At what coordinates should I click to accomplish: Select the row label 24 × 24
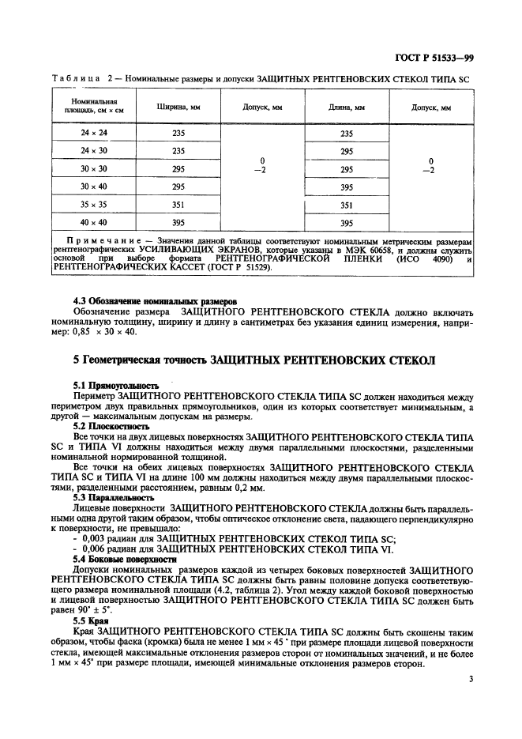pos(94,134)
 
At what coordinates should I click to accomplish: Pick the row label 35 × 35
pos(94,204)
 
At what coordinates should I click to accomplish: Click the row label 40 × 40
pos(94,222)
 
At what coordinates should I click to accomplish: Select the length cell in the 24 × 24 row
pos(346,134)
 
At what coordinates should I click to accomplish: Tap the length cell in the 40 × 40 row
pos(346,222)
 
